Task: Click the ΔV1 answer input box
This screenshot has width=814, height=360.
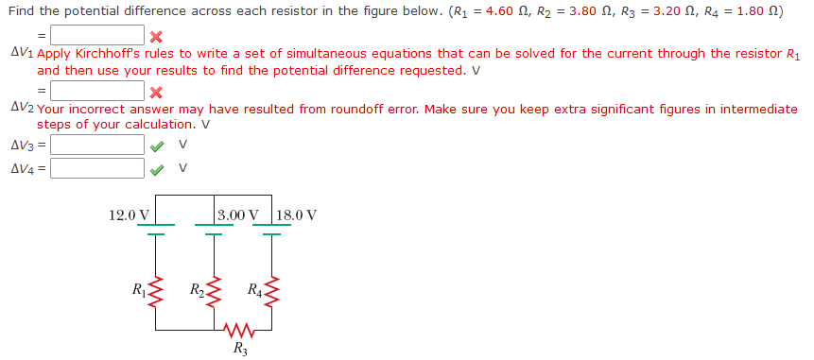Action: [x=97, y=36]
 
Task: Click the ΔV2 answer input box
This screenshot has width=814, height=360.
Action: [x=97, y=92]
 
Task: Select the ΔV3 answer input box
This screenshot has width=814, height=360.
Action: [x=97, y=146]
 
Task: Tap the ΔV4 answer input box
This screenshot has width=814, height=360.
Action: [x=97, y=169]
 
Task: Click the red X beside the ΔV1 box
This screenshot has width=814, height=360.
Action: [x=156, y=37]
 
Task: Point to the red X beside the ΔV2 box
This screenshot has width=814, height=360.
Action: [x=156, y=92]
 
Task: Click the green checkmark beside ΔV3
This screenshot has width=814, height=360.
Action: [x=156, y=146]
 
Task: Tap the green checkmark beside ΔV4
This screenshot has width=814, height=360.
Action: [x=156, y=169]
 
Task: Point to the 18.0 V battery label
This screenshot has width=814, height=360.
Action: [x=297, y=215]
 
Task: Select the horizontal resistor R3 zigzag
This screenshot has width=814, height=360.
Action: [x=240, y=331]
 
